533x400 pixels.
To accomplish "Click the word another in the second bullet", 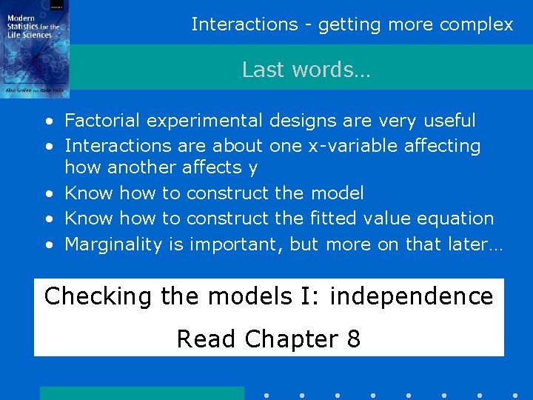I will pos(138,168).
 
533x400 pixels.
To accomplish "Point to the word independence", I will pos(411,297).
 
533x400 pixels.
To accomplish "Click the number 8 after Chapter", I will pos(353,339).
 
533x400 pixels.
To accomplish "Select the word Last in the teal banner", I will pos(261,70).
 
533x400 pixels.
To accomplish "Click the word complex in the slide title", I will pos(476,24).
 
